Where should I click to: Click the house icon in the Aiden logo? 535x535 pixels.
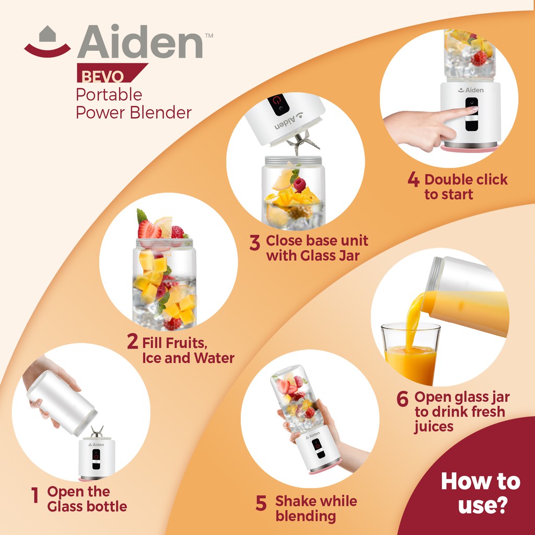click(48, 34)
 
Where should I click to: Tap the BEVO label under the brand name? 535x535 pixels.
click(102, 76)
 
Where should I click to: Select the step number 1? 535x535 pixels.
click(34, 495)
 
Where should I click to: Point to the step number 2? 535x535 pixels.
click(132, 341)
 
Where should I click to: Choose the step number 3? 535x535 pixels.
click(255, 242)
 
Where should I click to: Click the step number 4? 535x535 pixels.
click(413, 179)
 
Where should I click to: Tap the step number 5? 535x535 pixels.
click(261, 503)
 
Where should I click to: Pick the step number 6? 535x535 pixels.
click(403, 399)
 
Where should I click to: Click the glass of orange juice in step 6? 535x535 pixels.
click(411, 354)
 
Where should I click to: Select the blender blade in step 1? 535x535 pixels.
click(97, 431)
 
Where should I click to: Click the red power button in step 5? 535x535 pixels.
click(317, 445)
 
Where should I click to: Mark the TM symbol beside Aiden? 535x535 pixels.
click(209, 35)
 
